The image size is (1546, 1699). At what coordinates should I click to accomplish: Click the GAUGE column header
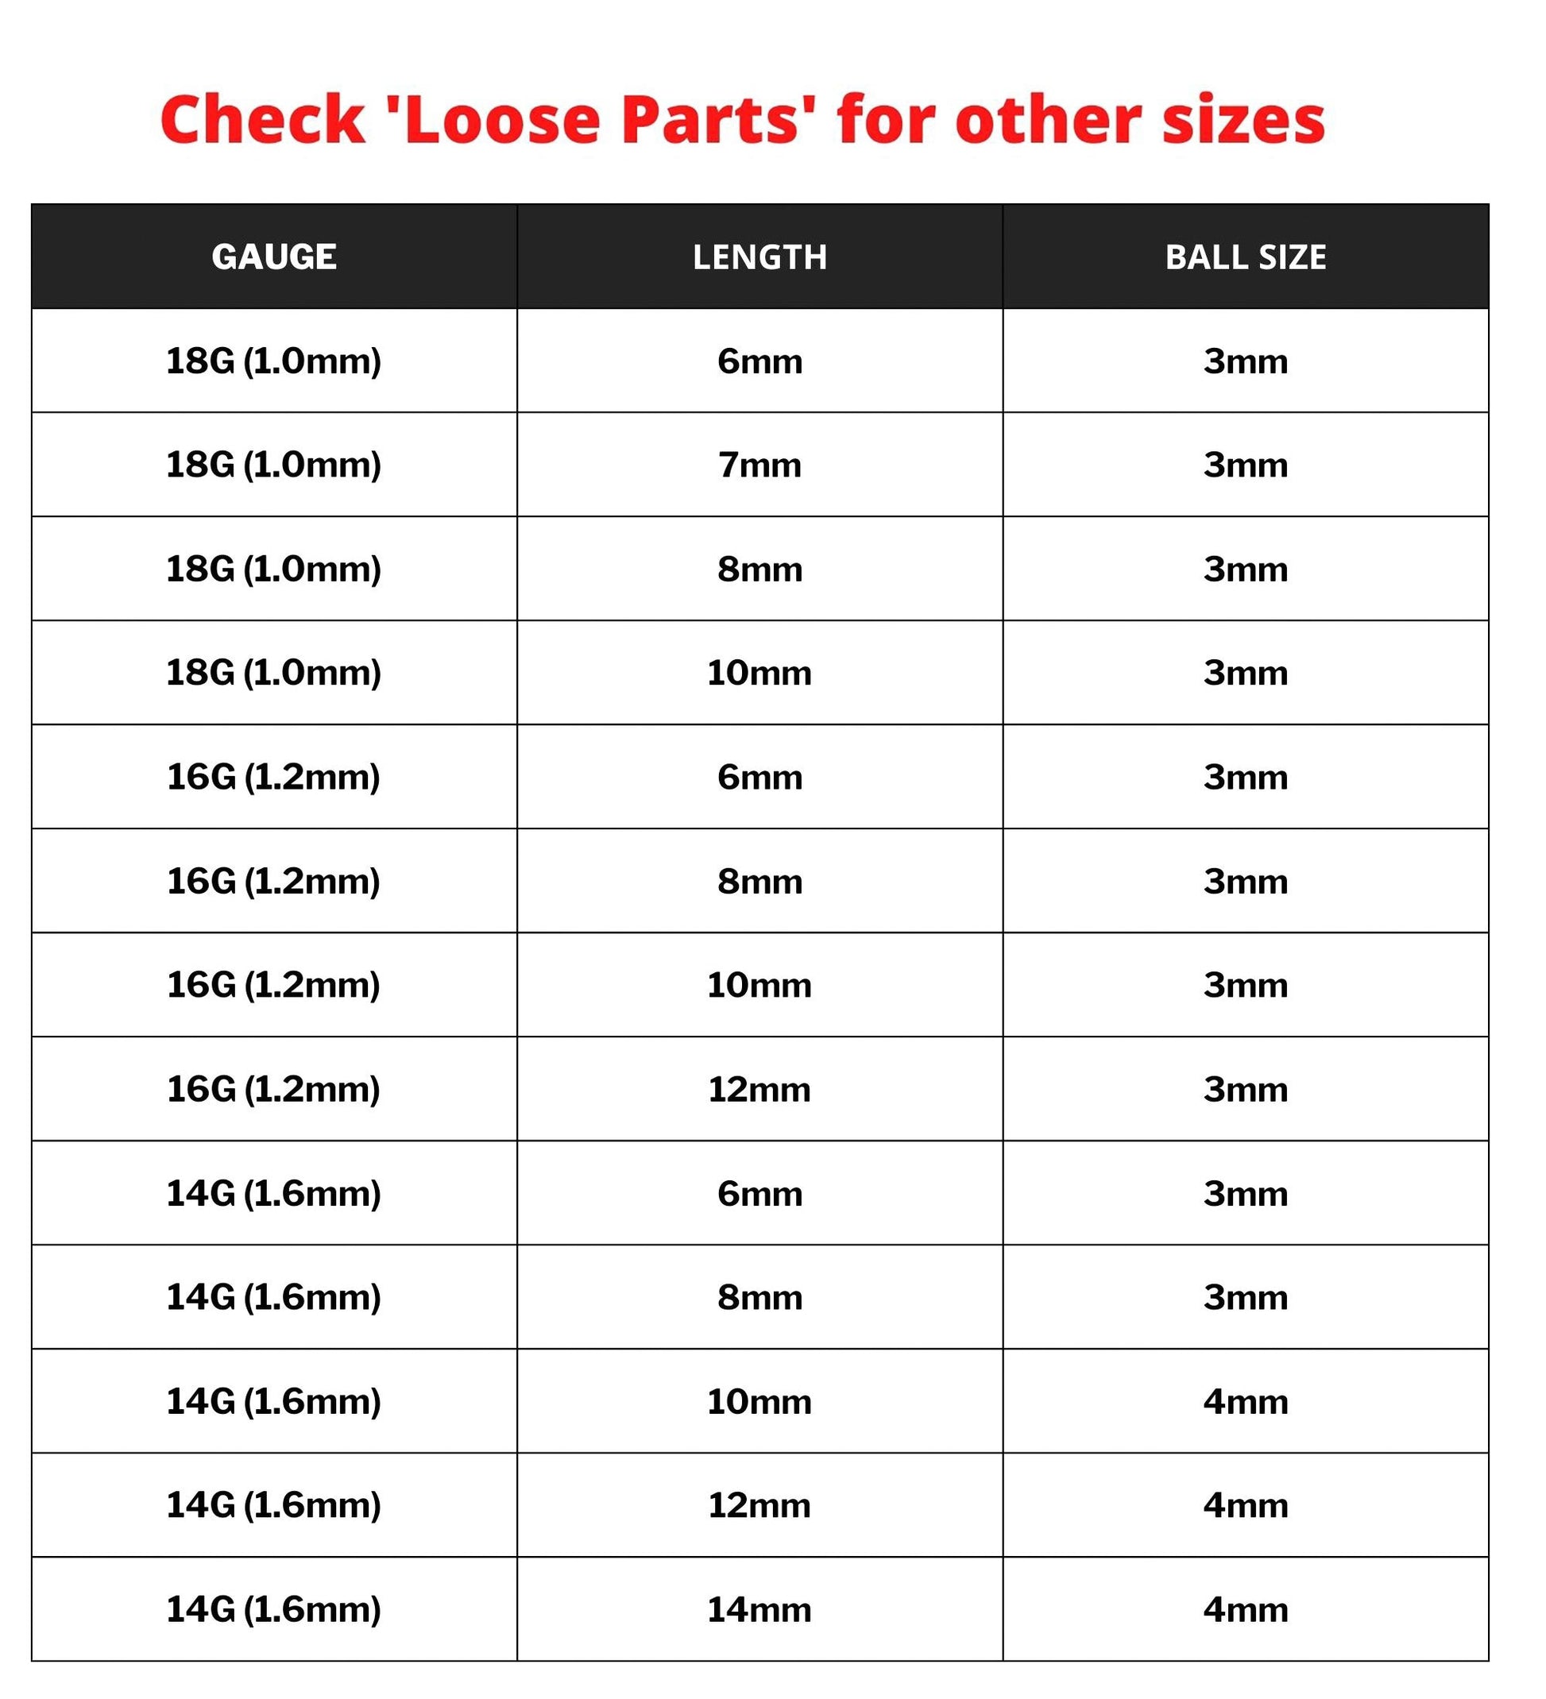click(274, 257)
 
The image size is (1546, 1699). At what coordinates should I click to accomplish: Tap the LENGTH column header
click(759, 257)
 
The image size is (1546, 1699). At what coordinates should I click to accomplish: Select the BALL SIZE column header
click(1245, 257)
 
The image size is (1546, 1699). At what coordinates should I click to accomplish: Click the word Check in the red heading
click(262, 120)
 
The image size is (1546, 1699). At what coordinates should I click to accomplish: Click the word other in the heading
click(1049, 120)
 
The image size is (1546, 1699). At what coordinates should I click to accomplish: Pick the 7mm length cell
click(759, 465)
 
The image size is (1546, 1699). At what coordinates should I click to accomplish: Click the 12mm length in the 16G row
click(759, 1090)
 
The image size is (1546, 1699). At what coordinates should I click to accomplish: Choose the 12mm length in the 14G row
click(759, 1505)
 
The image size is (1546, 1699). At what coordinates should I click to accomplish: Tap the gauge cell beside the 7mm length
click(274, 465)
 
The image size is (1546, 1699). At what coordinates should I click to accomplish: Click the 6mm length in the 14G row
click(759, 1193)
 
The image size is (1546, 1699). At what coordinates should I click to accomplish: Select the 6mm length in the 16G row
click(759, 777)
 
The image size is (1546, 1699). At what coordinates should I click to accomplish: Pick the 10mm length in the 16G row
click(759, 985)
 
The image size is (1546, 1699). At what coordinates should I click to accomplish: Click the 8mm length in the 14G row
click(759, 1297)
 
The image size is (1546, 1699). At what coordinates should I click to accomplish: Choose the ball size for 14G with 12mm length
click(1245, 1505)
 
